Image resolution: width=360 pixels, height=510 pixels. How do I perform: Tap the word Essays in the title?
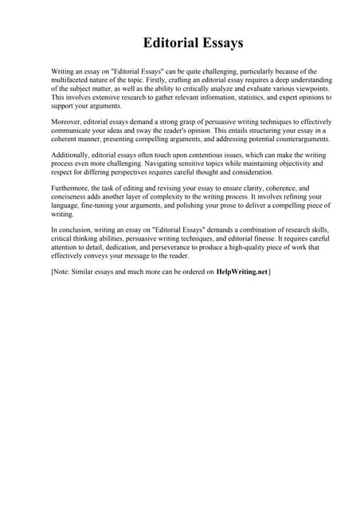(x=219, y=42)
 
